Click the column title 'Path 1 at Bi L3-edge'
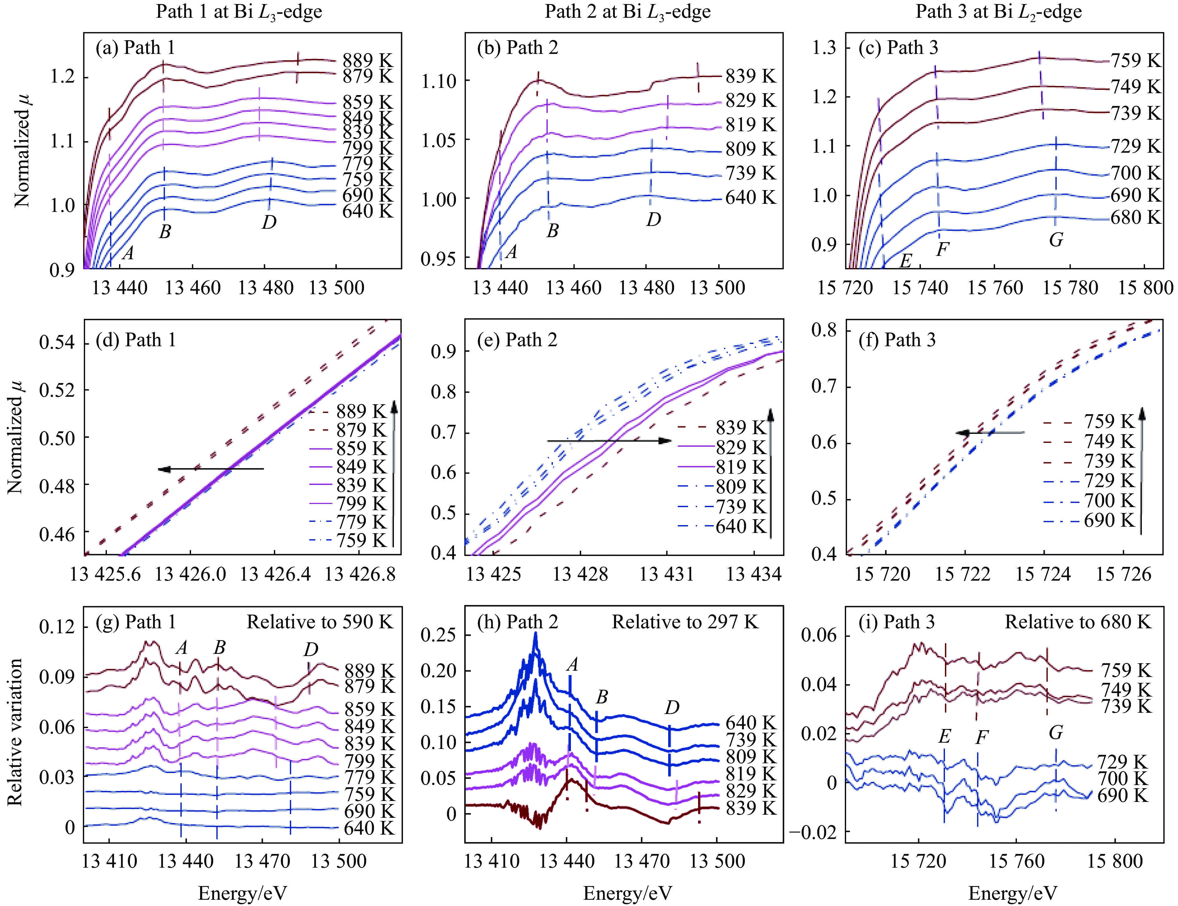pyautogui.click(x=239, y=12)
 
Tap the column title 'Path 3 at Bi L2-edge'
pyautogui.click(x=998, y=12)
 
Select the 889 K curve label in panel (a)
pyautogui.click(x=368, y=60)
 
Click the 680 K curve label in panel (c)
pyautogui.click(x=1135, y=217)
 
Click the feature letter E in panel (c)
pyautogui.click(x=905, y=261)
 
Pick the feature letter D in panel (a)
pyautogui.click(x=269, y=222)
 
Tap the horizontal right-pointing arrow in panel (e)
pyautogui.click(x=609, y=441)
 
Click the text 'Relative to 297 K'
pyautogui.click(x=685, y=622)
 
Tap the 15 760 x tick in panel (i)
pyautogui.click(x=1016, y=861)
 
